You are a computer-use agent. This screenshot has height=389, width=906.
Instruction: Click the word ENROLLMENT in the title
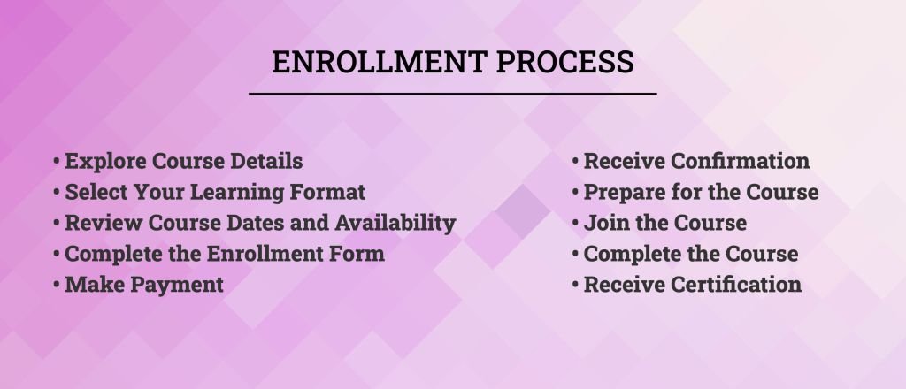click(x=379, y=62)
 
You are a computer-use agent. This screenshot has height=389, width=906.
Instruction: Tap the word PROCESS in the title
click(x=565, y=62)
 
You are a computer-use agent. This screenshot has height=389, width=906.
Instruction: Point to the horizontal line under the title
click(x=453, y=94)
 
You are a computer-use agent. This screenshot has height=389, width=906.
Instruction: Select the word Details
click(x=266, y=161)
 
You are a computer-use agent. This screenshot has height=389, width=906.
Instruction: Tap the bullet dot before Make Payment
click(x=56, y=285)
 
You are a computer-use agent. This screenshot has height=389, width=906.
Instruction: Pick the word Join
click(x=602, y=223)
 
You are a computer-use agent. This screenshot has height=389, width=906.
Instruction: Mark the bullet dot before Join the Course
click(x=575, y=223)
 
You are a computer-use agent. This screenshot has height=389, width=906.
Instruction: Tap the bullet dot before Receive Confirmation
click(x=575, y=161)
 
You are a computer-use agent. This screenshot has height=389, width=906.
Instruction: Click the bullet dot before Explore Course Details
click(x=56, y=161)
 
